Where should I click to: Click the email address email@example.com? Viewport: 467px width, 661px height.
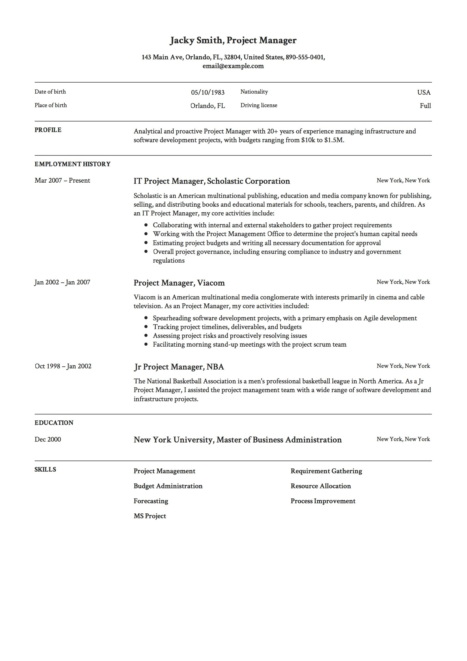click(233, 66)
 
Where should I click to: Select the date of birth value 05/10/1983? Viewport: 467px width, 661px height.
click(207, 92)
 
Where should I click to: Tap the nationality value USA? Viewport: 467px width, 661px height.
click(423, 92)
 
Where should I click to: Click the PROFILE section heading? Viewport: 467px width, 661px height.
click(48, 130)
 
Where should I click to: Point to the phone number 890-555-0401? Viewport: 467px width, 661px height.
click(305, 57)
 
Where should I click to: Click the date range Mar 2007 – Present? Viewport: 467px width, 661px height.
click(62, 180)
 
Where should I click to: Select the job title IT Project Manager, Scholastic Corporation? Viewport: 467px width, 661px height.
click(212, 181)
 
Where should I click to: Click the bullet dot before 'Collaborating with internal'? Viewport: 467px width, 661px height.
click(146, 225)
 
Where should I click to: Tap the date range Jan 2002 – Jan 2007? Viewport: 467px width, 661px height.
click(62, 282)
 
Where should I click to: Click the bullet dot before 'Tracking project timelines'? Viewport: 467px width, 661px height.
click(146, 327)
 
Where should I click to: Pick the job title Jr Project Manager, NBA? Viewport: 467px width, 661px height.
click(178, 367)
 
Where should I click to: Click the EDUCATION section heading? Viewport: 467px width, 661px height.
click(54, 423)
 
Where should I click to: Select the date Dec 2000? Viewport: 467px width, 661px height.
click(48, 439)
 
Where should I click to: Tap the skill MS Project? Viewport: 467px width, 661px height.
click(150, 516)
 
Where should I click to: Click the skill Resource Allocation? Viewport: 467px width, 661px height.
click(321, 486)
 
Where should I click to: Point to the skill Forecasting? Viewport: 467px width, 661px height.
click(151, 501)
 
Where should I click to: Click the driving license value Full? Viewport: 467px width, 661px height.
click(425, 106)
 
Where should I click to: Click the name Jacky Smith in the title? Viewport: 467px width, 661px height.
click(196, 40)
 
